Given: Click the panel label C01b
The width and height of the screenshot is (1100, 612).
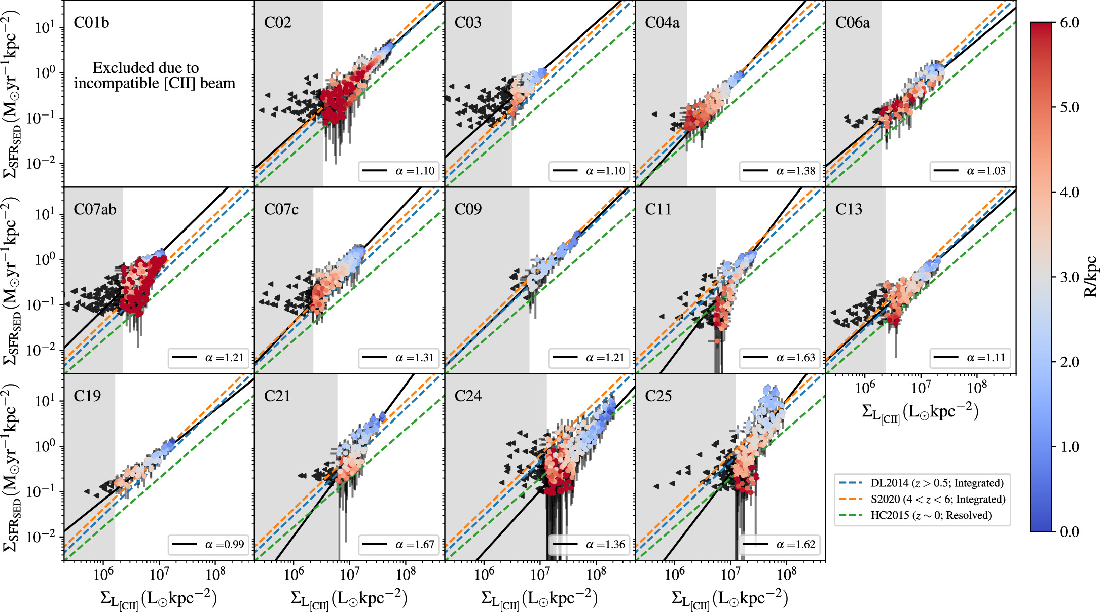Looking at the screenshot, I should point(91,23).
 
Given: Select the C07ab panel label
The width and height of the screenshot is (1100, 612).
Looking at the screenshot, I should point(95,209).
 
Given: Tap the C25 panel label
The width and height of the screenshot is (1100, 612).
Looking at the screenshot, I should point(658,396).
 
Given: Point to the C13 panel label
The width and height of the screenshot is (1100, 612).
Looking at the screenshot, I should point(849,209).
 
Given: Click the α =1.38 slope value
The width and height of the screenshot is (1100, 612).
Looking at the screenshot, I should point(795,171).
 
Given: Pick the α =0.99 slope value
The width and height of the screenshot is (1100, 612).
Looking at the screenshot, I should point(224,545).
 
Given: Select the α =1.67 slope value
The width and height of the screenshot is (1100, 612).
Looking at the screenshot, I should point(415,545).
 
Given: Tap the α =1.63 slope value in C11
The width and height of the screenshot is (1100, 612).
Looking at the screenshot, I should point(795,358).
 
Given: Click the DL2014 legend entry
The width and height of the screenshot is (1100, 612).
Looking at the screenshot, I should point(937,483).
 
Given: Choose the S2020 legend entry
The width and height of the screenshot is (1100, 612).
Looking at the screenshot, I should point(938,499).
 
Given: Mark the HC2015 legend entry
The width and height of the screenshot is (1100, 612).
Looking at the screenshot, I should point(931,515).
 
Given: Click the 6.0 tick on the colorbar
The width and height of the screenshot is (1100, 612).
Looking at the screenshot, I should point(1069,23).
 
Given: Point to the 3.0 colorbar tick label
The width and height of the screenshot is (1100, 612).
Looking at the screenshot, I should point(1069,277).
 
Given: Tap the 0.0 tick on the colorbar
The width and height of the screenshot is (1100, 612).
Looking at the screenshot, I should point(1069,531).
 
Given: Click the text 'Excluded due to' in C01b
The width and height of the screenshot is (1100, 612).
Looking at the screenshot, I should point(145,68).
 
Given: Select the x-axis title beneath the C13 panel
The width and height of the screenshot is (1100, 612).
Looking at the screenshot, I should point(920,412).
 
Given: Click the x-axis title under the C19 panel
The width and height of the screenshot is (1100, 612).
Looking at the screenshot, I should point(159,599).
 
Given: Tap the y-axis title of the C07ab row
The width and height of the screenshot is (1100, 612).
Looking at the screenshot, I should point(13,280).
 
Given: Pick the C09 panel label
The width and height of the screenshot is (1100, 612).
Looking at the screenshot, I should point(468,209).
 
